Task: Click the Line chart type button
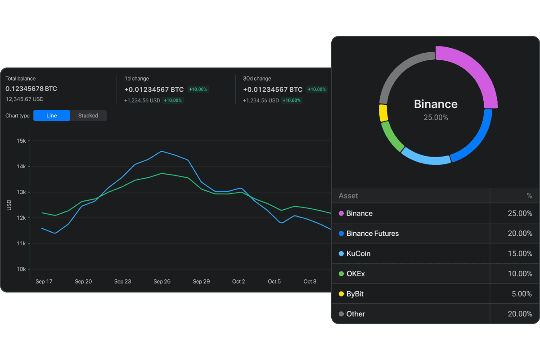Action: tap(52, 116)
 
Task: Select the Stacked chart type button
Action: tap(88, 116)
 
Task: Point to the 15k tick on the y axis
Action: tap(21, 141)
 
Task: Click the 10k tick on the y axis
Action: tap(21, 269)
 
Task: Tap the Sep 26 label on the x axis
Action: tap(162, 282)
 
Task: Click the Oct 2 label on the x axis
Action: tap(238, 282)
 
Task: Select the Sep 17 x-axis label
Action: tap(44, 282)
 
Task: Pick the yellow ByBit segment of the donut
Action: tap(383, 113)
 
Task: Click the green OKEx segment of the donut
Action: tap(391, 137)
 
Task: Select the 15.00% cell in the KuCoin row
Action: tap(520, 253)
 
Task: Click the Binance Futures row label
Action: tap(372, 234)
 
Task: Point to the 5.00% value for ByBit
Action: tap(522, 294)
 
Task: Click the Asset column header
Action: tap(348, 196)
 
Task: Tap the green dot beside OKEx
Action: tap(341, 274)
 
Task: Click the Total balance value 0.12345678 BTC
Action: tap(31, 89)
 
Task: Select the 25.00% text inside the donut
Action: tap(436, 117)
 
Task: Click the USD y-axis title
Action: tap(9, 205)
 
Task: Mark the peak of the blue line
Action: tap(162, 151)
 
